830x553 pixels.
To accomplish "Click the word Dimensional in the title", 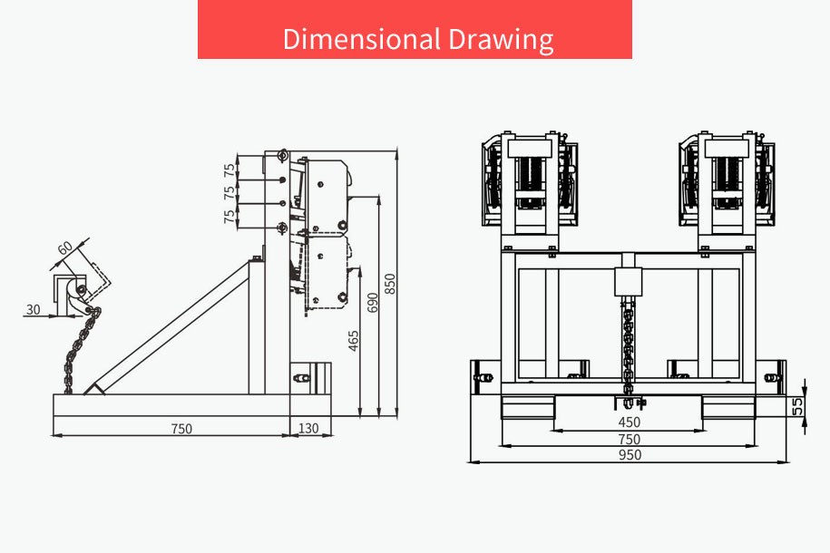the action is click(362, 39).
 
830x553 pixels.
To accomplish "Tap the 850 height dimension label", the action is click(389, 284).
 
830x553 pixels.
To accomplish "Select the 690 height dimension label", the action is click(373, 302).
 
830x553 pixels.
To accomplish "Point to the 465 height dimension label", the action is click(354, 341).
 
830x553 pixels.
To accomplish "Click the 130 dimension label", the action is click(308, 428).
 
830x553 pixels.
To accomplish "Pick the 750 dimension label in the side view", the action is click(181, 429).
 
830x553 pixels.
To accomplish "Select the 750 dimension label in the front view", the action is click(629, 439).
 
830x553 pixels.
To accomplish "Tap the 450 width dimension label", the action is click(629, 422).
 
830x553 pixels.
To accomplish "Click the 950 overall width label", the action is click(630, 455).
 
